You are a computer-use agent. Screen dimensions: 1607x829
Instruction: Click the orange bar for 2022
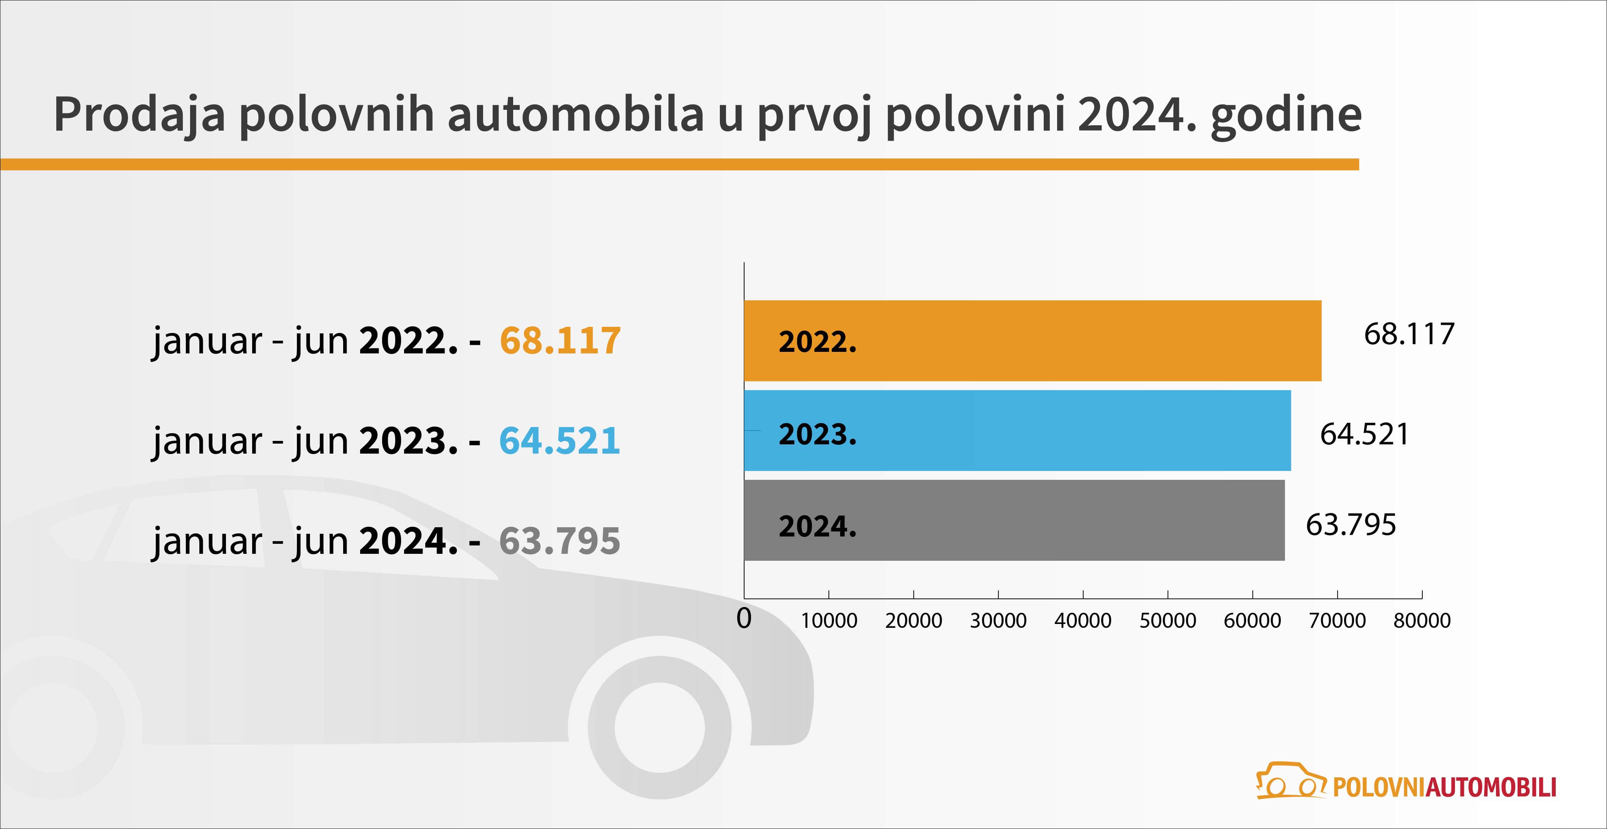[x=1033, y=341]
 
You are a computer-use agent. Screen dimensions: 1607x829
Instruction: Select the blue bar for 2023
[x=1017, y=430]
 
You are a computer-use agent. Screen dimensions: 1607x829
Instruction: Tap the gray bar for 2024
[x=1014, y=520]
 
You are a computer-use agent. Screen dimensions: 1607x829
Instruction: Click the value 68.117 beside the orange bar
[x=1408, y=335]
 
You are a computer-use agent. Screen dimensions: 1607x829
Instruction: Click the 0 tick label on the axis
[x=744, y=618]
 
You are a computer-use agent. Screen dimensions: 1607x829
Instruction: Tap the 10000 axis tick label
[x=829, y=620]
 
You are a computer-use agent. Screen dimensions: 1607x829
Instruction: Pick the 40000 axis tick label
[x=1083, y=620]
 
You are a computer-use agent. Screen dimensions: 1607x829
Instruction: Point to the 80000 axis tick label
[x=1422, y=620]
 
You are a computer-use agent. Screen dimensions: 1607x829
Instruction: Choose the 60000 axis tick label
[x=1253, y=620]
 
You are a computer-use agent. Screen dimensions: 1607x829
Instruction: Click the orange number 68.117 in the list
[x=560, y=341]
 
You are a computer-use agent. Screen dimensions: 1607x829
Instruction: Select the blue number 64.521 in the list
[x=559, y=441]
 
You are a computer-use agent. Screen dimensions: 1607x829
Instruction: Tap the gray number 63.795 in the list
[x=559, y=541]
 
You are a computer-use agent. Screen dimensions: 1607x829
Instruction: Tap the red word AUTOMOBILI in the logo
[x=1491, y=787]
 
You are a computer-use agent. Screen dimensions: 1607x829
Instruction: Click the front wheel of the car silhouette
[x=659, y=727]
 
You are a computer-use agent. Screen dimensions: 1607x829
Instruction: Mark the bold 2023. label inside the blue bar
[x=818, y=434]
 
